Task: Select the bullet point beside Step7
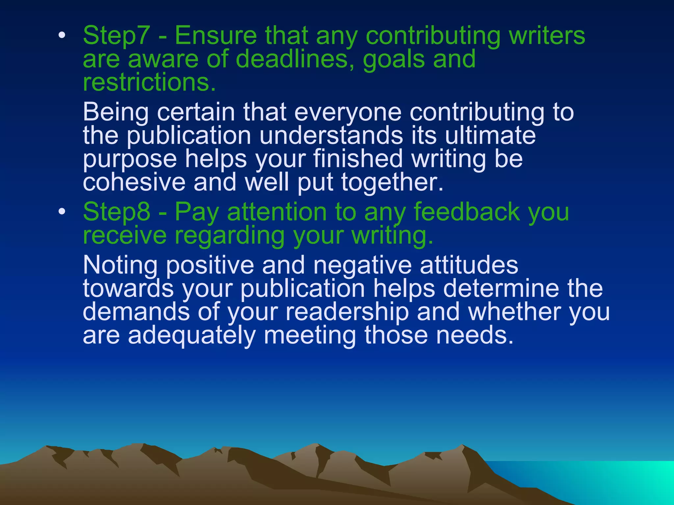[62, 36]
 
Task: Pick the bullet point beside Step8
[62, 212]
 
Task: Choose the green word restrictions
[149, 82]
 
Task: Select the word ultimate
[490, 135]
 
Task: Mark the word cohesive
[134, 182]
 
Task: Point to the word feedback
[467, 212]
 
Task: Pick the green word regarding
[229, 236]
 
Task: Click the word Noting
[120, 265]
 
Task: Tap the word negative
[362, 265]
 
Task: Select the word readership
[347, 312]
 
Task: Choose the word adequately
[192, 335]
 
